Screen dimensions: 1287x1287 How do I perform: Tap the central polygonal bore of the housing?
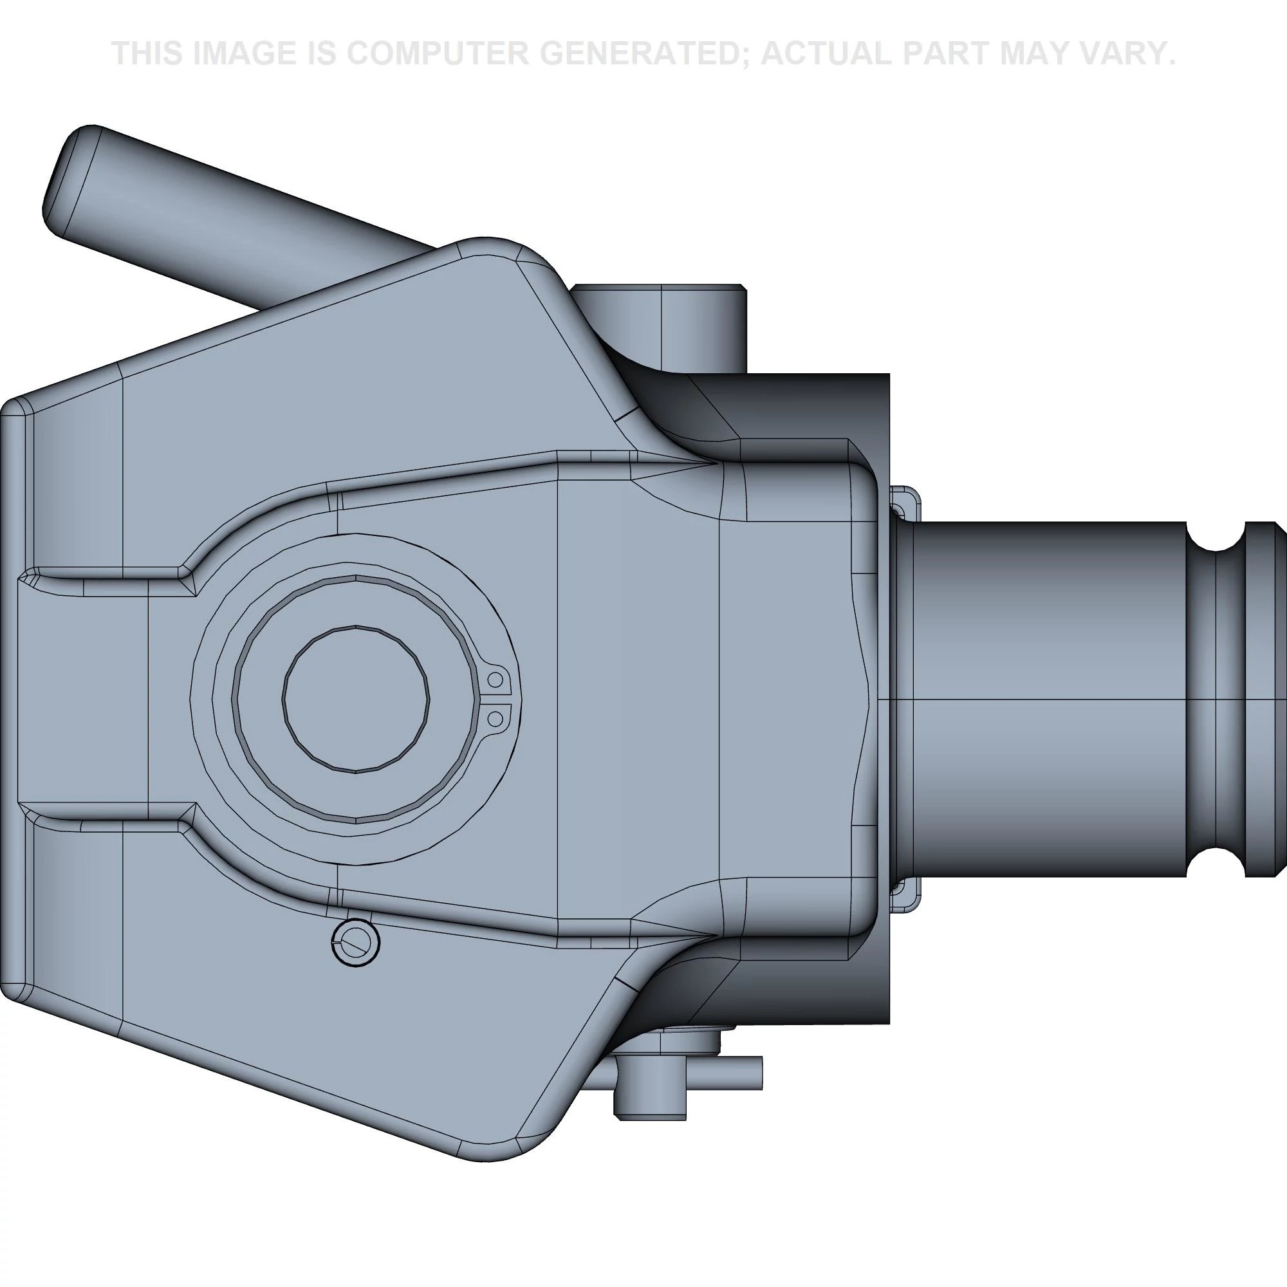356,699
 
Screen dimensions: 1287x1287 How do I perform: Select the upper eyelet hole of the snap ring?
495,680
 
